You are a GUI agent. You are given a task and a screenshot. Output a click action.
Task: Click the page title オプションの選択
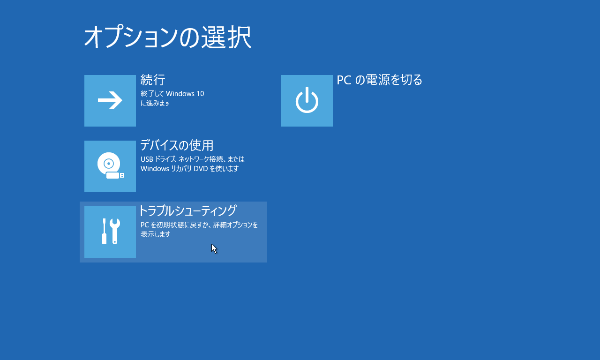[x=168, y=37]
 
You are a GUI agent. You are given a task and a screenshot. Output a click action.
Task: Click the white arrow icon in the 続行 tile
[x=110, y=100]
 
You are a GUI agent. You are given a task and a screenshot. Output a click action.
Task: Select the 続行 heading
[x=153, y=80]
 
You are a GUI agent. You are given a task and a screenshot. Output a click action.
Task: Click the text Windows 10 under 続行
[x=185, y=93]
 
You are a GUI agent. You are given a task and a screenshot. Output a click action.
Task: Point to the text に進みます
[x=155, y=103]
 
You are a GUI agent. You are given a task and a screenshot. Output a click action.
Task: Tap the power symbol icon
[x=307, y=100]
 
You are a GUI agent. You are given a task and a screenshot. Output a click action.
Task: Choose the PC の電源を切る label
[x=379, y=80]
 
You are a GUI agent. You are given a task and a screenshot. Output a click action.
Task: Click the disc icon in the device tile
[x=108, y=163]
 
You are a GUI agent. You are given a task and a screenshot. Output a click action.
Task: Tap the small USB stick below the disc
[x=115, y=175]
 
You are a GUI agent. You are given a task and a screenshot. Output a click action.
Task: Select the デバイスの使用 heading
[x=177, y=145]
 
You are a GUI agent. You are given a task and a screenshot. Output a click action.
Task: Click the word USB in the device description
[x=147, y=159]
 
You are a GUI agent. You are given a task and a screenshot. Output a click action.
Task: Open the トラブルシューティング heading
[x=187, y=210]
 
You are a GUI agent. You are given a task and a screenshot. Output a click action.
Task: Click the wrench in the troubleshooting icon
[x=115, y=231]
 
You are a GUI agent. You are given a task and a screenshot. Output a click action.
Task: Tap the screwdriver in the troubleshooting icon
[x=104, y=231]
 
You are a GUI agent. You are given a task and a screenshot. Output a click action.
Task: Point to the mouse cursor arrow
[x=214, y=248]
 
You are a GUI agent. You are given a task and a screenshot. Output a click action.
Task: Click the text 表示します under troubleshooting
[x=155, y=234]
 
